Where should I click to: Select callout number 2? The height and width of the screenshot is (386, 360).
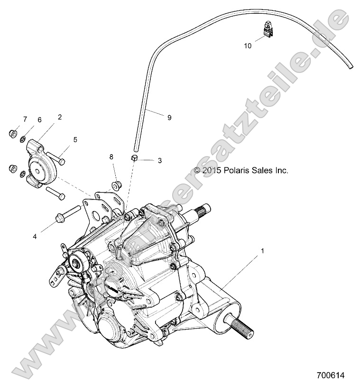click(60, 117)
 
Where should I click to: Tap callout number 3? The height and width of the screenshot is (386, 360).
click(159, 161)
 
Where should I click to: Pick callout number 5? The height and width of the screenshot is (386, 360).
click(75, 139)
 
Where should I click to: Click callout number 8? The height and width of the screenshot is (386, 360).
click(111, 156)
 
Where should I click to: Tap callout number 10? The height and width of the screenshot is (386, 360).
click(248, 46)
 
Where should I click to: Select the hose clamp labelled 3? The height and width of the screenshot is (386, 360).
click(135, 158)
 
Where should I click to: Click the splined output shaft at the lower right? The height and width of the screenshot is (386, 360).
click(243, 325)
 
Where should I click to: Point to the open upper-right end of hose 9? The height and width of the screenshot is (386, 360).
click(351, 68)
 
